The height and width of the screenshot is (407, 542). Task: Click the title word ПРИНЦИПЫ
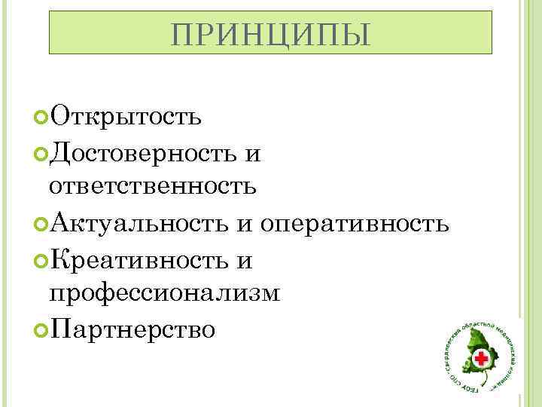tap(270, 33)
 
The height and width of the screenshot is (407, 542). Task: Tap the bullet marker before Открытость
tap(41, 118)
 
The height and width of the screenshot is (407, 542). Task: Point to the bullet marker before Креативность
tap(41, 259)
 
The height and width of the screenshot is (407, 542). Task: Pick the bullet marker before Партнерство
tap(41, 329)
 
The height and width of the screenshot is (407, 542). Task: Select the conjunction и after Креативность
tap(244, 260)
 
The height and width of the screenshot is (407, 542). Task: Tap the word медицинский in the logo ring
tap(507, 343)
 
